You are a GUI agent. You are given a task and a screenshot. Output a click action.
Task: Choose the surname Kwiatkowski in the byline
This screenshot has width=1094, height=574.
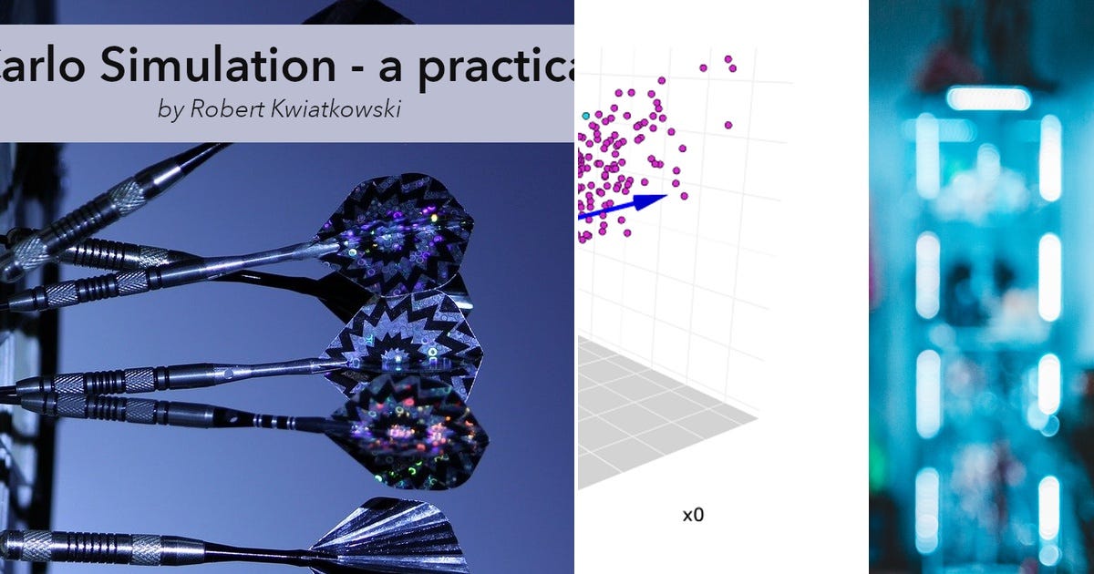(x=331, y=109)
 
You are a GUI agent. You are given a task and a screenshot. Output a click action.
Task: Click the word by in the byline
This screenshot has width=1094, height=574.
(x=170, y=109)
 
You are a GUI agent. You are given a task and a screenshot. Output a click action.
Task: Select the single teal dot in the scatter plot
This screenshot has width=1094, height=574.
(x=585, y=116)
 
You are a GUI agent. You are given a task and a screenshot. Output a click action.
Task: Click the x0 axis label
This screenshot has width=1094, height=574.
(x=693, y=516)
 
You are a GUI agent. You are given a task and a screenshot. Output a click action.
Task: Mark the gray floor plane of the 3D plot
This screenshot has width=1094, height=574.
(x=656, y=419)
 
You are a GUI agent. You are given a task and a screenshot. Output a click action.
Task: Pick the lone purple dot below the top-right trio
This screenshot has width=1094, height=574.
(x=728, y=125)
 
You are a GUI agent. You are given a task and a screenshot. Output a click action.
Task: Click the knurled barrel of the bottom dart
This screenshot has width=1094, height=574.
(x=137, y=547)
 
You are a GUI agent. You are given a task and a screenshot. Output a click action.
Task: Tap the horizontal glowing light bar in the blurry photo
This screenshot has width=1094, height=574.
(x=988, y=98)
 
